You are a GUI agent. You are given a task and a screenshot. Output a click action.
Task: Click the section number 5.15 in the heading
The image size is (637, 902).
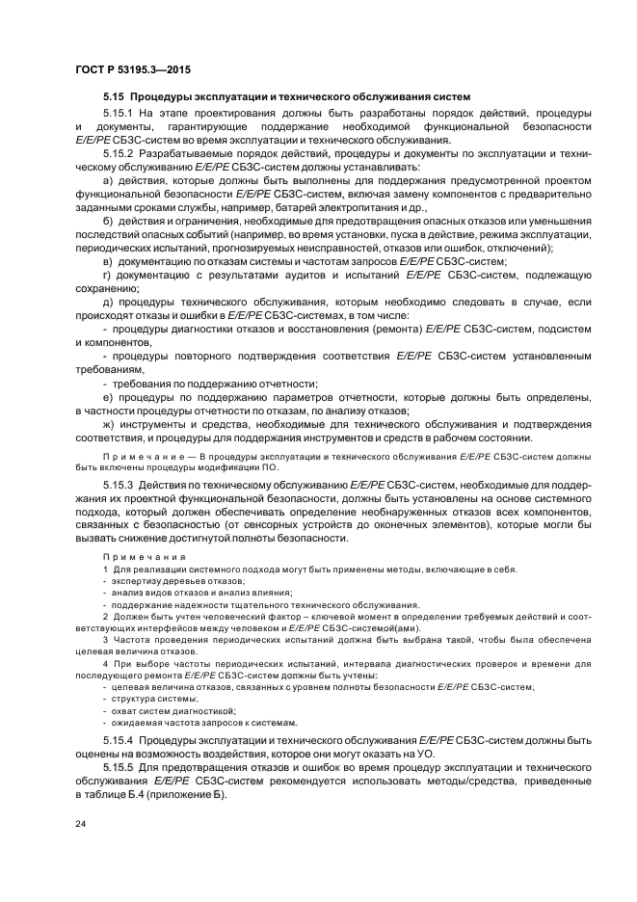tap(114, 96)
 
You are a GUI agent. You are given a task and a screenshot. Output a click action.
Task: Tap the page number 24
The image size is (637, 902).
tap(79, 825)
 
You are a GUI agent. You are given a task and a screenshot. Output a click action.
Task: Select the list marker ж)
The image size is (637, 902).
tap(108, 425)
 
